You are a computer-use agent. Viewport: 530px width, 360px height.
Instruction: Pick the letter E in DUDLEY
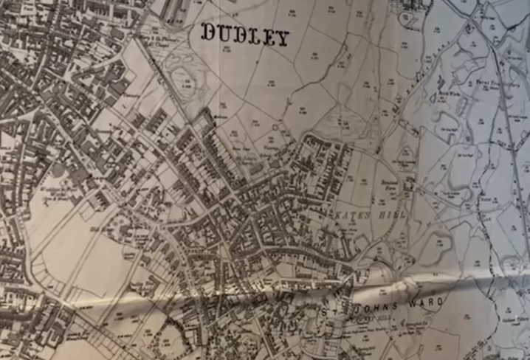click(269, 38)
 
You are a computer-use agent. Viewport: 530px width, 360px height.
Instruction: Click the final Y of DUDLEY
click(282, 39)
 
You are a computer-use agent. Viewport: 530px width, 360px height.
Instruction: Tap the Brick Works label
click(443, 94)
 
